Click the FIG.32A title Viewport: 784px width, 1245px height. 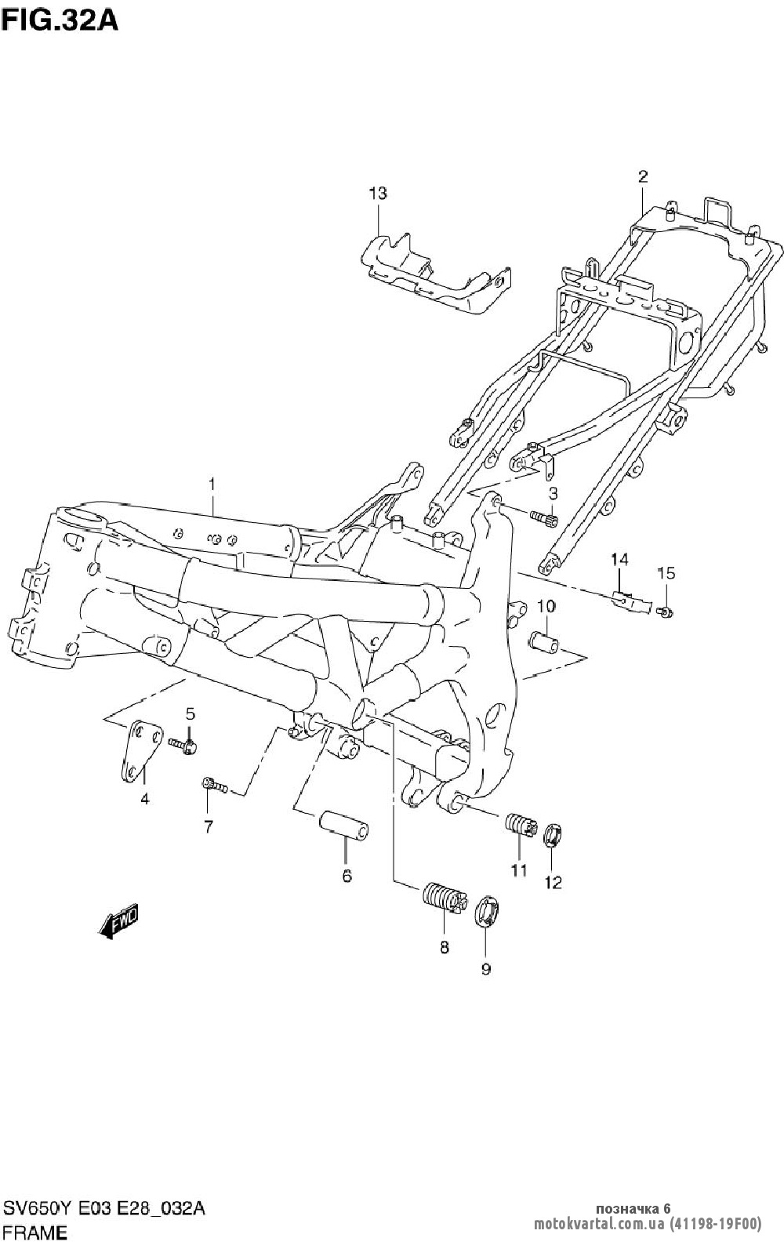60,19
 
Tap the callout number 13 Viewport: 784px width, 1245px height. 378,193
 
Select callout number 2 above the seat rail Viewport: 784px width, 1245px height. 642,176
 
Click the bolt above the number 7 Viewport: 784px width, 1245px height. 214,785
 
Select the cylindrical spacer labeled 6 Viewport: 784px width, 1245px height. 343,827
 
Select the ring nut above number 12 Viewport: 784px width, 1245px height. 554,835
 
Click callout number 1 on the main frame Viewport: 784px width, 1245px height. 211,485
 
